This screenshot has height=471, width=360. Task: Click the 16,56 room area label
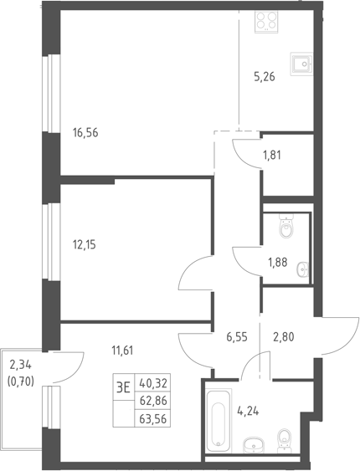[85, 132]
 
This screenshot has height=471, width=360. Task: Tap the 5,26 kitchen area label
[265, 77]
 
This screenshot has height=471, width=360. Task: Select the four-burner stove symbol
[266, 21]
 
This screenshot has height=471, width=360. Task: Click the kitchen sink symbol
[301, 64]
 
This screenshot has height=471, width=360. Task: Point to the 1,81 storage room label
[271, 156]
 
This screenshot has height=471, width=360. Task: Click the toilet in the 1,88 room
[285, 226]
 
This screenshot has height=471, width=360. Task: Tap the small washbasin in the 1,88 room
[302, 269]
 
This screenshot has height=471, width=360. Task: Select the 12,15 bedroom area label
[85, 245]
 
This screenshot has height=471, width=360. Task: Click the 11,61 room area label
[122, 351]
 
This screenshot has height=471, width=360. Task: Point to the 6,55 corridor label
[237, 337]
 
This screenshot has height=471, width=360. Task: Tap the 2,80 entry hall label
[283, 337]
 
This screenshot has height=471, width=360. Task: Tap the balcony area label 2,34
[20, 366]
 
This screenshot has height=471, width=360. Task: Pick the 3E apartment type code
[123, 388]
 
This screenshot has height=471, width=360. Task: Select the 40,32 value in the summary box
[153, 383]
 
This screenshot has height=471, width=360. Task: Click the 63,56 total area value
[153, 419]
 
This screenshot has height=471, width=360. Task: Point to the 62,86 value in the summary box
[153, 401]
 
